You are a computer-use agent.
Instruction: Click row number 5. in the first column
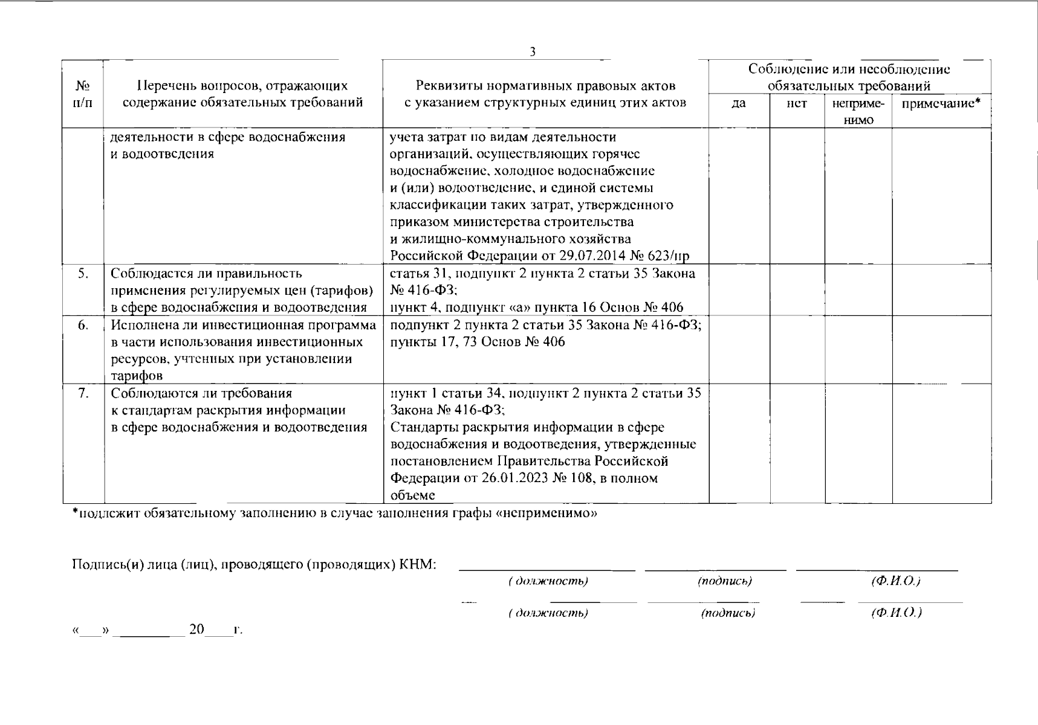(83, 273)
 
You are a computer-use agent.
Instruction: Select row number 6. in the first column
(83, 326)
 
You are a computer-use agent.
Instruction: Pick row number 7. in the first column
(83, 393)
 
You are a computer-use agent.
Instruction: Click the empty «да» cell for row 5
(739, 290)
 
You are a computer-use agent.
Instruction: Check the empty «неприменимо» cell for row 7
(858, 443)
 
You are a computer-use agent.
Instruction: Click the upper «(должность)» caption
(548, 581)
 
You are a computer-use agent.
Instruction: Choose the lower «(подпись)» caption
(728, 613)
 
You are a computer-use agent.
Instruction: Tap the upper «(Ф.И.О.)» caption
(896, 581)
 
